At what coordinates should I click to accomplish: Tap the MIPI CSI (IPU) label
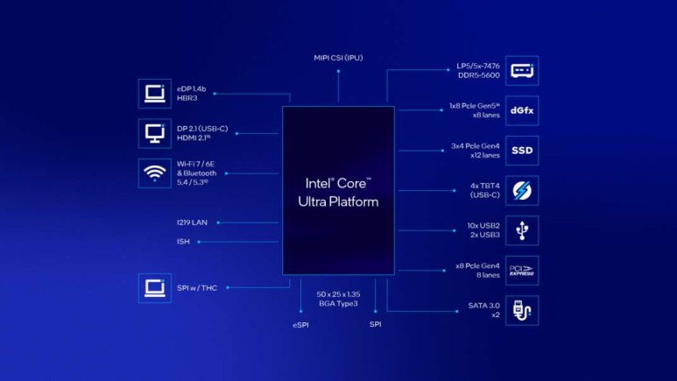tap(338, 58)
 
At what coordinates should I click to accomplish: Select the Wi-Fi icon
tap(154, 173)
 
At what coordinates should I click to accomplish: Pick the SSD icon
tap(522, 151)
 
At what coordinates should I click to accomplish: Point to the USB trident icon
tap(522, 230)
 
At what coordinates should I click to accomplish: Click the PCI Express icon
tap(522, 271)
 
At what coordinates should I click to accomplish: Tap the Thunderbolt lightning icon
tap(522, 191)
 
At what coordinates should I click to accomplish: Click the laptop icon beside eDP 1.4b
tap(154, 93)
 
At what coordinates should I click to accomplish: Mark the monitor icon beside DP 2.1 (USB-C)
tap(154, 133)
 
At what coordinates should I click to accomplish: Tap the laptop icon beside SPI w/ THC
tap(154, 288)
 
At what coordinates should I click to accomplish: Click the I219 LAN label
tap(191, 222)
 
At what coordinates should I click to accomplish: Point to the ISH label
tap(183, 241)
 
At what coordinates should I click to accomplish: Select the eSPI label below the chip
tap(300, 325)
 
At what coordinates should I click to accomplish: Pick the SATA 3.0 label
tap(483, 306)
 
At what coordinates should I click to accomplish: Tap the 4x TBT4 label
tap(484, 186)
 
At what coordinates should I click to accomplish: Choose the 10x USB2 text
tap(483, 226)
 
